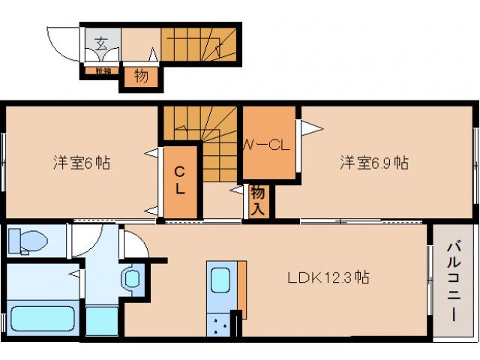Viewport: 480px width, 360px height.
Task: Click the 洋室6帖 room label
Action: [81, 162]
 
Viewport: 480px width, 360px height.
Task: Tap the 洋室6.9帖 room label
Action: [373, 162]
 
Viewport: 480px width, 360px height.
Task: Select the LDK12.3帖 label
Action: [328, 277]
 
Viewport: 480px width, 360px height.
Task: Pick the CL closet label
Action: [180, 181]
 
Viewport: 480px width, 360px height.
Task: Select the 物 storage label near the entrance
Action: [140, 76]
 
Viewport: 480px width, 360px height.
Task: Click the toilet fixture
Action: [27, 241]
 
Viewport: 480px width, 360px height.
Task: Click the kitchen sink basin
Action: [220, 280]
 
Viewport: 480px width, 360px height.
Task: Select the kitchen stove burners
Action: [221, 325]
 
